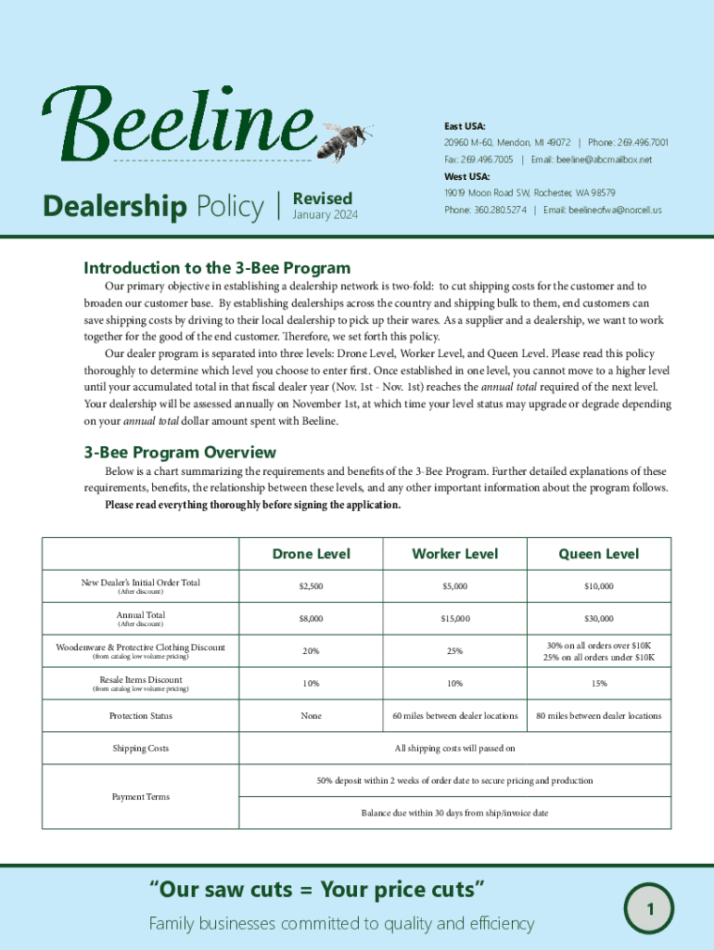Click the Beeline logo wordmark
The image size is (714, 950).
tap(176, 125)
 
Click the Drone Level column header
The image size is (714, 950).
tap(311, 554)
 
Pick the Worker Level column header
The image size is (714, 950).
tap(454, 554)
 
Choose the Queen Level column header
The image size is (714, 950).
tap(598, 554)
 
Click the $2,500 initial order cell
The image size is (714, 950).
tap(311, 587)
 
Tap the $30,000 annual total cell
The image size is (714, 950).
tap(598, 619)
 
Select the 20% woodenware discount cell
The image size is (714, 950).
tap(311, 651)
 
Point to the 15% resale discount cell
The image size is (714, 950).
tap(598, 684)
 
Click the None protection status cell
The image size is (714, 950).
tap(311, 716)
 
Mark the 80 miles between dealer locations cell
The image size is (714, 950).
tap(598, 716)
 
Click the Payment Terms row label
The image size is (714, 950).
tap(140, 797)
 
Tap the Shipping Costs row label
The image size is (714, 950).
tap(140, 748)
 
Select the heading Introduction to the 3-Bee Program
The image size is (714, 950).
tap(217, 268)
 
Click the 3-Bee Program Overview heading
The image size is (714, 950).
tap(180, 452)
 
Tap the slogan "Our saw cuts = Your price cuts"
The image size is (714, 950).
tap(318, 891)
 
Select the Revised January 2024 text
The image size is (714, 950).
tap(323, 206)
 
